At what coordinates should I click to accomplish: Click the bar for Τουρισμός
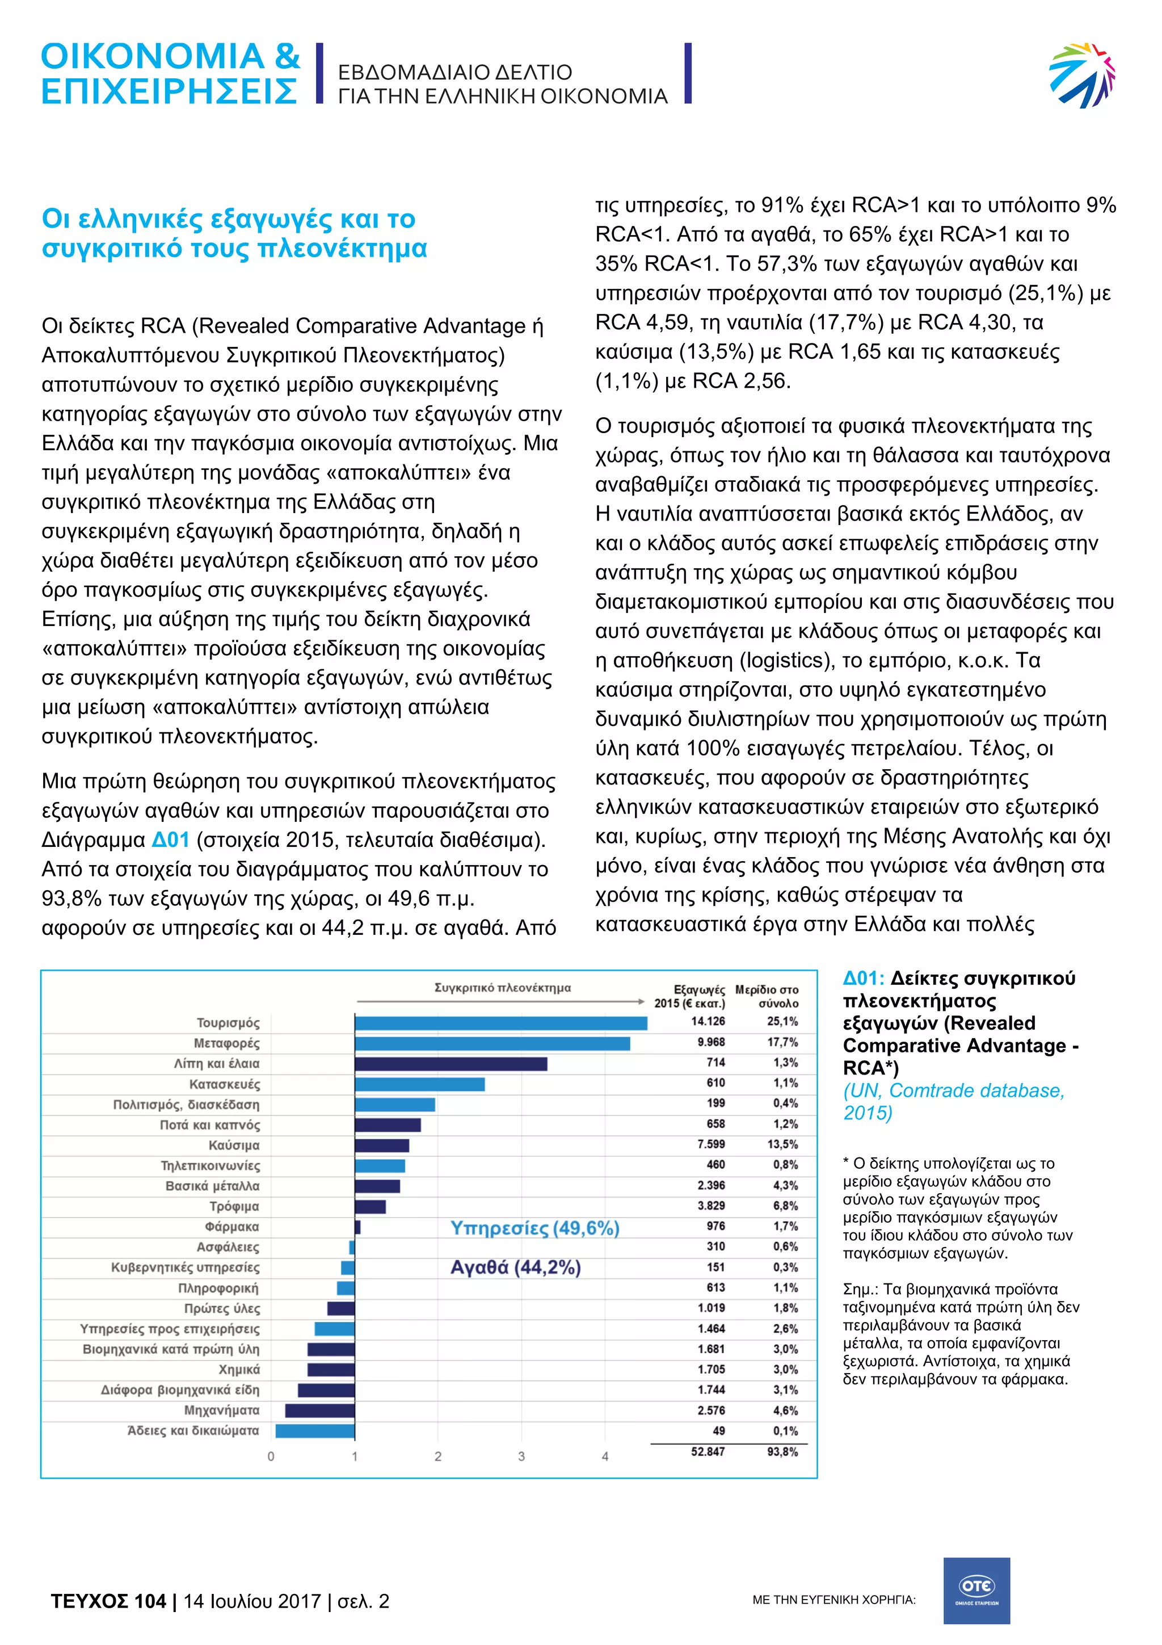point(500,1022)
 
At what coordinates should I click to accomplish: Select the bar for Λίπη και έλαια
point(451,1063)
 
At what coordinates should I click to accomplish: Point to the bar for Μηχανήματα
point(319,1410)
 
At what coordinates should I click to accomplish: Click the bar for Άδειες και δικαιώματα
point(315,1431)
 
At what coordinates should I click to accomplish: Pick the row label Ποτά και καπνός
point(210,1125)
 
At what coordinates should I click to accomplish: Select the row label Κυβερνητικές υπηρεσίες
point(186,1268)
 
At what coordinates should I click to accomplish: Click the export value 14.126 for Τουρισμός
point(708,1021)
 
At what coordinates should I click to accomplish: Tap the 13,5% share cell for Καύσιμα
point(782,1144)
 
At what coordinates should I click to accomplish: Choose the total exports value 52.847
point(708,1451)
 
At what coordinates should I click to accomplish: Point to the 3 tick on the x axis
point(521,1457)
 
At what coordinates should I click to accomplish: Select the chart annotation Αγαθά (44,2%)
point(515,1268)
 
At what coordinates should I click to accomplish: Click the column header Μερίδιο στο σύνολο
point(767,996)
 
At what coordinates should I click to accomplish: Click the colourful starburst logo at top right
point(1082,75)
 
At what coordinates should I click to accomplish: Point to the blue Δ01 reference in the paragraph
point(170,839)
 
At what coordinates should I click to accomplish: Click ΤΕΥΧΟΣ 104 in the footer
point(108,1601)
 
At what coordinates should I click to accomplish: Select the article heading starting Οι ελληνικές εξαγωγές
point(234,233)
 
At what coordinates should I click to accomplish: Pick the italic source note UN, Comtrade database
point(953,1101)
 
